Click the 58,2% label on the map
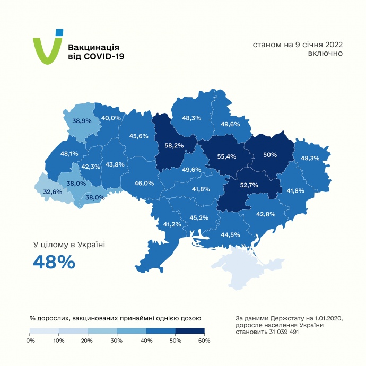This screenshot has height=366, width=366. tap(174, 145)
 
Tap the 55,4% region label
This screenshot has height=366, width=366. tap(226, 156)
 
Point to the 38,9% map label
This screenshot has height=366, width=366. tap(82, 120)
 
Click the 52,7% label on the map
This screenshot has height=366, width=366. tap(249, 185)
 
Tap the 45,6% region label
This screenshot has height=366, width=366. tap(139, 136)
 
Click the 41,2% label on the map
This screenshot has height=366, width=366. tap(172, 224)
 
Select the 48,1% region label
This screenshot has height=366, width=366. tap(69, 154)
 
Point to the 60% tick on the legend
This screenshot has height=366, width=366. tap(204, 340)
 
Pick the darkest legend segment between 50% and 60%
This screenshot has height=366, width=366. tap(189, 331)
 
